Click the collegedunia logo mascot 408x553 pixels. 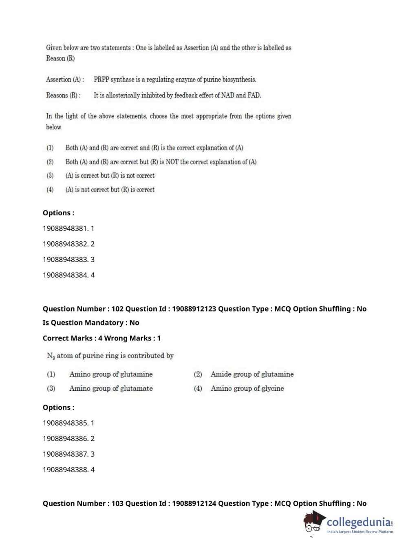(314, 522)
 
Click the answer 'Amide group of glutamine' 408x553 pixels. (252, 374)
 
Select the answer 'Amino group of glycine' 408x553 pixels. (247, 388)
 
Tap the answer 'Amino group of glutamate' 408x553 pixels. (111, 388)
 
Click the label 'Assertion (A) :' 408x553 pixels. (65, 80)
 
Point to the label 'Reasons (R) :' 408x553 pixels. (63, 95)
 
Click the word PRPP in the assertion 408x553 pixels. (101, 80)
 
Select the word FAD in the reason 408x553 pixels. (254, 95)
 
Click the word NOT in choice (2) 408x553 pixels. (172, 162)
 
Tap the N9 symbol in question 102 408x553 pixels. (51, 356)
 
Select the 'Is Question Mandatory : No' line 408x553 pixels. (91, 323)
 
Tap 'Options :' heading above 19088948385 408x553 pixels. (59, 407)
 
